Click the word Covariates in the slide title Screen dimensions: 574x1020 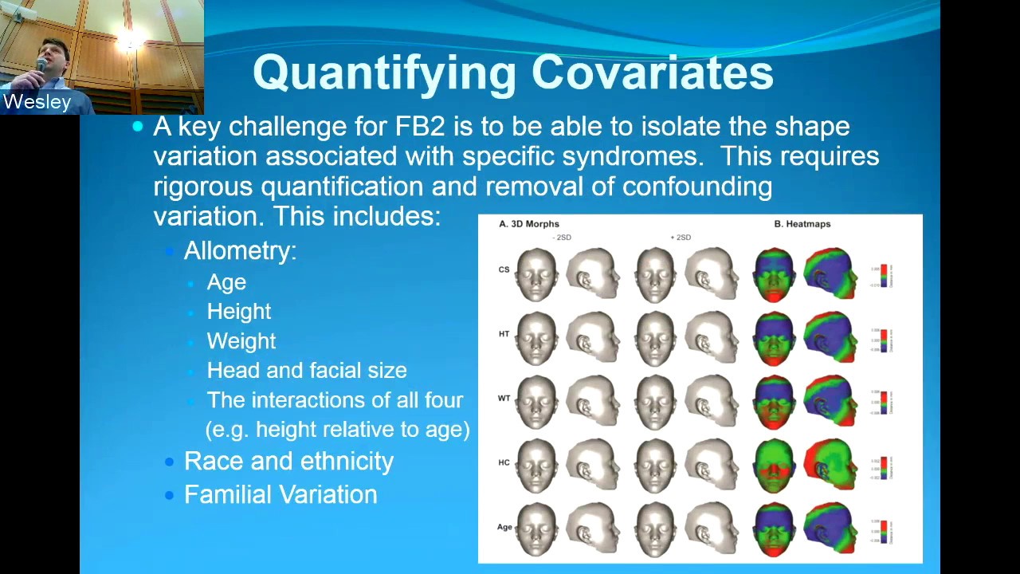pyautogui.click(x=652, y=73)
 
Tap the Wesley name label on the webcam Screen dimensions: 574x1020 pyautogui.click(x=37, y=102)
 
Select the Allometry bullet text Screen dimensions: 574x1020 pyautogui.click(x=240, y=250)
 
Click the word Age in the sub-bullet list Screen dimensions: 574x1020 pyautogui.click(x=226, y=282)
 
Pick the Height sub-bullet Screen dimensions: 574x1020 pyautogui.click(x=239, y=312)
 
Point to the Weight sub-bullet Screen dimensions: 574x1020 pyautogui.click(x=241, y=341)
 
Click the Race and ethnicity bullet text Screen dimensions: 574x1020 pyautogui.click(x=288, y=462)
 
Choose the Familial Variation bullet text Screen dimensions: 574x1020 pyautogui.click(x=280, y=495)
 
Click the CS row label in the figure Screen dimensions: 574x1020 pyautogui.click(x=504, y=269)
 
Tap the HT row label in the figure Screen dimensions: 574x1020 pyautogui.click(x=504, y=334)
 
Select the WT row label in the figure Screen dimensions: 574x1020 pyautogui.click(x=504, y=398)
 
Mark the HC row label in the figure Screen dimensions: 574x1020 pyautogui.click(x=504, y=462)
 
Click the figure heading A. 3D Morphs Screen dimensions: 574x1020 pyautogui.click(x=529, y=224)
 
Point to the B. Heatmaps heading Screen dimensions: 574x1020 pyautogui.click(x=802, y=224)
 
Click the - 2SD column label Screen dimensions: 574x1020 pyautogui.click(x=562, y=238)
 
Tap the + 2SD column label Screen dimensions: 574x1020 pyautogui.click(x=681, y=238)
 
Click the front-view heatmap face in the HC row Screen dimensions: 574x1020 pyautogui.click(x=774, y=464)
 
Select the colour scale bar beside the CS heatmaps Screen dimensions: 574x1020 pyautogui.click(x=884, y=275)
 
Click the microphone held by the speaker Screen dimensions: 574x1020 pyautogui.click(x=41, y=65)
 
